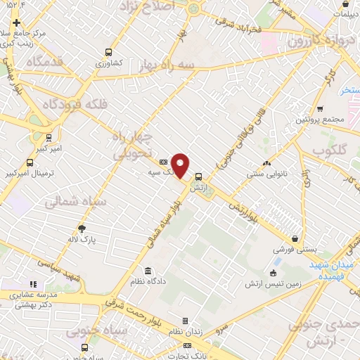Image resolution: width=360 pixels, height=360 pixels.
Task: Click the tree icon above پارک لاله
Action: coord(82,229)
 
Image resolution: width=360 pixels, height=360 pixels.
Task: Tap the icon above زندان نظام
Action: coord(186,321)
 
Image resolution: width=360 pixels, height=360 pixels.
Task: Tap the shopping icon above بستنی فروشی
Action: coord(295,239)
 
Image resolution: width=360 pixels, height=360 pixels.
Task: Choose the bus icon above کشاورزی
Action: coord(108,52)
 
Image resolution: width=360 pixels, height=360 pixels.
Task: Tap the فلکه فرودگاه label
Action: coord(75,104)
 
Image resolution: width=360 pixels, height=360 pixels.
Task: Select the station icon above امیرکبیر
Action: coord(48,138)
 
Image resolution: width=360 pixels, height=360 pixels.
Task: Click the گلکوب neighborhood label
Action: coord(328,150)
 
